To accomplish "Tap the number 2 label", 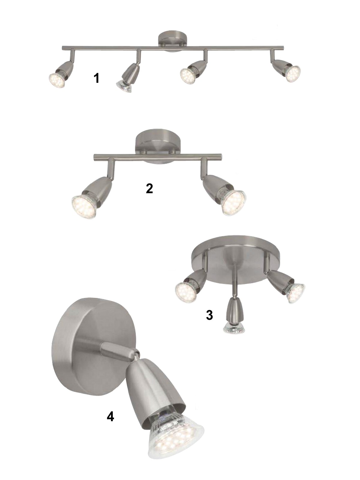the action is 149,188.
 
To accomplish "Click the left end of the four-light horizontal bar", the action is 63,48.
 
